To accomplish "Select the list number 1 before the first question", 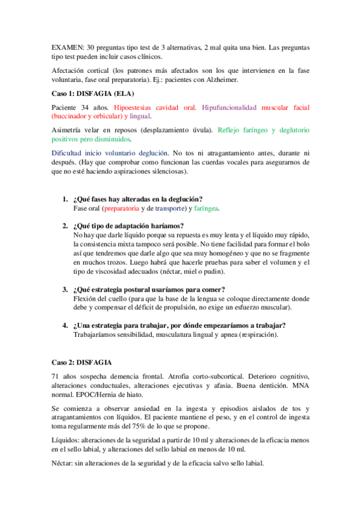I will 64,199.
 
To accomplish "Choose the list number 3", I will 64,289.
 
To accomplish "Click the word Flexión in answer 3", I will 86,298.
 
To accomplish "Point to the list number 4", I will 64,325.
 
